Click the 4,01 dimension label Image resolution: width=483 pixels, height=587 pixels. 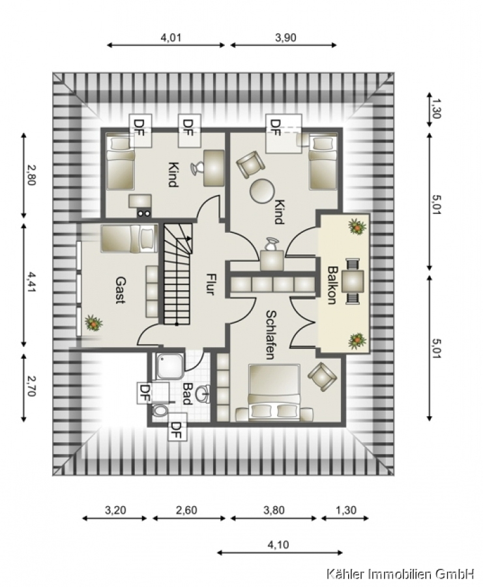point(171,37)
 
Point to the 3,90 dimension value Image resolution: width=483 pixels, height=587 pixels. point(285,37)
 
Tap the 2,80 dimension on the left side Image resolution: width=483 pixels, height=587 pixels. point(31,175)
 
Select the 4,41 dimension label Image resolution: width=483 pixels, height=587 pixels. point(31,282)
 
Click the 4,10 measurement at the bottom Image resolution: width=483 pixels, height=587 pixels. point(278,545)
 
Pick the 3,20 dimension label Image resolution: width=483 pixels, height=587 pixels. point(115,510)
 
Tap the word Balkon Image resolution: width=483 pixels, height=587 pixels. point(332,285)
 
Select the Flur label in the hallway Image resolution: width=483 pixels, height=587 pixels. point(211,284)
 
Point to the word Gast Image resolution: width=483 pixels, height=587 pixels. point(121,290)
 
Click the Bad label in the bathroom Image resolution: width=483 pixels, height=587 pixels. point(187,393)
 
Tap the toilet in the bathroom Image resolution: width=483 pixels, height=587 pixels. point(161,410)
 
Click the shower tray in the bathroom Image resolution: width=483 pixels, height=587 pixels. point(170,366)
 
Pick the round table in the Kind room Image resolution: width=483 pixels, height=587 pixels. point(262,191)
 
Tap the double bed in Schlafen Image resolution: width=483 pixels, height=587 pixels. point(274,391)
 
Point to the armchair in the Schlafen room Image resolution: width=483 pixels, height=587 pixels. point(322,376)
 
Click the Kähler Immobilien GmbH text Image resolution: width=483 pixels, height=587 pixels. point(401,573)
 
